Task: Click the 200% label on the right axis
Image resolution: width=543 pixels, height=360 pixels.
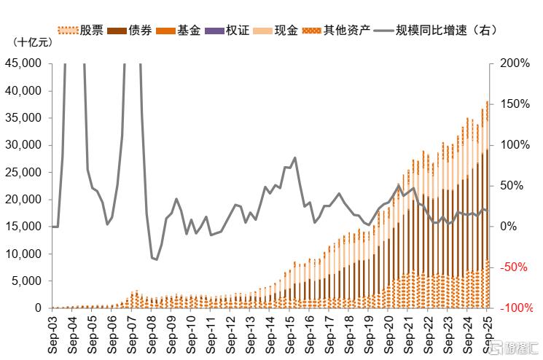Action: pyautogui.click(x=515, y=63)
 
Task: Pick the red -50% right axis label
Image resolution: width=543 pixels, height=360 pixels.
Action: pyautogui.click(x=515, y=267)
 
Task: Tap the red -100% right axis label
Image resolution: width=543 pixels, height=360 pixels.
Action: pyautogui.click(x=517, y=308)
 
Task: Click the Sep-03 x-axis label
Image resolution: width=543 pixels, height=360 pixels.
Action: pyautogui.click(x=52, y=333)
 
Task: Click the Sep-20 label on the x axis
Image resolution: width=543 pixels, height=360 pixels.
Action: pyautogui.click(x=388, y=333)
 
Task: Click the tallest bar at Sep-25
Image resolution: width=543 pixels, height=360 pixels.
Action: pyautogui.click(x=488, y=204)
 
